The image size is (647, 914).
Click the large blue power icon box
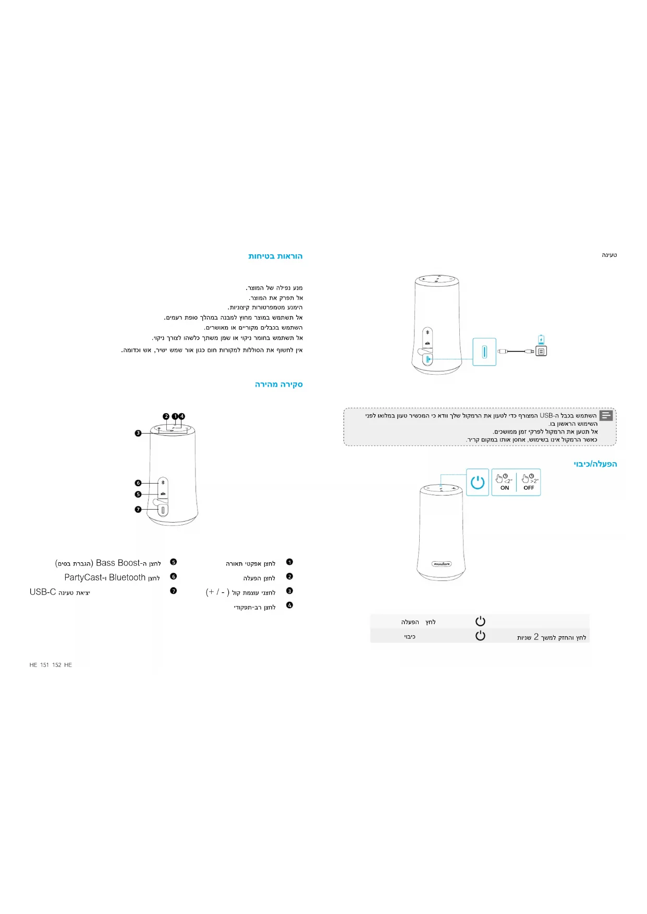point(477,482)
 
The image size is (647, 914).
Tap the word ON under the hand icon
point(504,488)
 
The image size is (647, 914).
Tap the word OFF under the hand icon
point(529,488)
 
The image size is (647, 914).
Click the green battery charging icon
point(541,340)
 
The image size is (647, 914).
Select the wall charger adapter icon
point(541,352)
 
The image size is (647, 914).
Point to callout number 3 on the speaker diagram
point(138,433)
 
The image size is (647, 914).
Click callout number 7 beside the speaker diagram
point(138,509)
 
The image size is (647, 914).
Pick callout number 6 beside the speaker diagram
point(138,483)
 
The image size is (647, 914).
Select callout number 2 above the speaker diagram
point(166,416)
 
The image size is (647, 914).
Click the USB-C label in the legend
point(43,592)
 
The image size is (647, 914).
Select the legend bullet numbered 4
point(290,606)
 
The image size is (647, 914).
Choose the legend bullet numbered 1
point(290,562)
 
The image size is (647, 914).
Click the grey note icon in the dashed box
point(606,415)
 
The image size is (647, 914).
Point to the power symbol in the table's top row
point(480,621)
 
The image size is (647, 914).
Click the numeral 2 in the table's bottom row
point(536,637)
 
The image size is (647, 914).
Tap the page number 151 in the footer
point(44,665)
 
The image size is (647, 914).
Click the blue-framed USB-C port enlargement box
point(484,352)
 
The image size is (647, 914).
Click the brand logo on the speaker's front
point(442,564)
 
